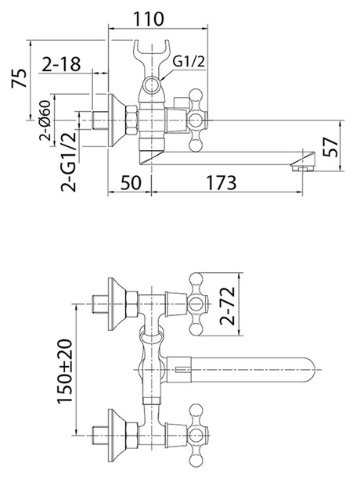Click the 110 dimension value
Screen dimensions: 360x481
point(149,19)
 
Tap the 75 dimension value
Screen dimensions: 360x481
point(19,78)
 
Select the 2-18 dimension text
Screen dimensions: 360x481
point(61,64)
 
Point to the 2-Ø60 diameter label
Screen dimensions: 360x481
point(45,120)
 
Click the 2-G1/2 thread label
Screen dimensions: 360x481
point(68,162)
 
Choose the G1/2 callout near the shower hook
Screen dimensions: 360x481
point(188,62)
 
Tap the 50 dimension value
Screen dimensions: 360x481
point(131,182)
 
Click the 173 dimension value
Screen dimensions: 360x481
point(221,182)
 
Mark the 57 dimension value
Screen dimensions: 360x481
point(331,147)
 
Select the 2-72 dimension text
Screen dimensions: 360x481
point(227,306)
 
